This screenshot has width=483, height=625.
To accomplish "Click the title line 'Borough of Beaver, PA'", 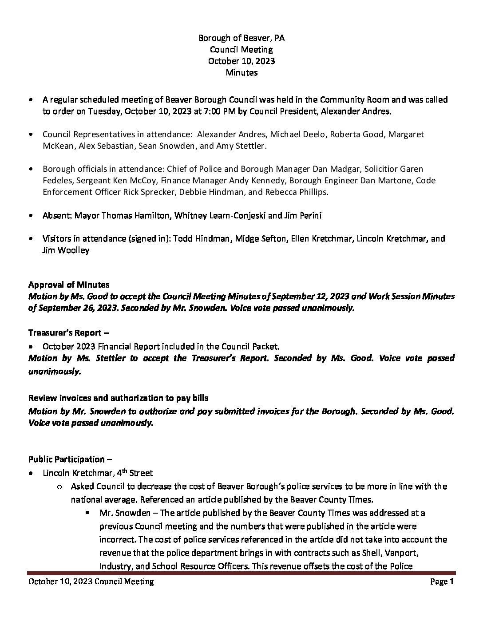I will (241, 38).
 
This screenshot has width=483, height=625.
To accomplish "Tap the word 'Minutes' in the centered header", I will (241, 72).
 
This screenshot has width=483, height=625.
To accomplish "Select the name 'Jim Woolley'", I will (66, 250).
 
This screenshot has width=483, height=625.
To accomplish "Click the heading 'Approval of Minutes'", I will (69, 285).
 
